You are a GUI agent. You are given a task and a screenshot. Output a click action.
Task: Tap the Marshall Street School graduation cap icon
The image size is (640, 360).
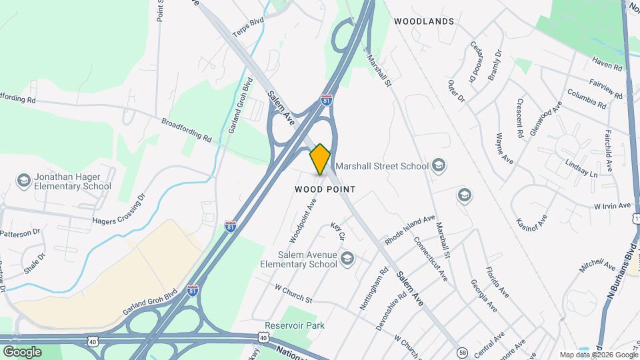[x=438, y=165]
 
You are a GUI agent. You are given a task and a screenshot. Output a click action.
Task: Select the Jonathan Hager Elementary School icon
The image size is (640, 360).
[x=23, y=181]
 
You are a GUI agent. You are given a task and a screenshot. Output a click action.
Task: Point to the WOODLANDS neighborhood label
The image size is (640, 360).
[x=424, y=21]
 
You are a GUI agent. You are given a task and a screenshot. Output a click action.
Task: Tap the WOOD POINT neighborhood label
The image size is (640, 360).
[x=325, y=190]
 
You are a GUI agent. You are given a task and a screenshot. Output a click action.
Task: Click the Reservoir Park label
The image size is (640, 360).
[x=294, y=325]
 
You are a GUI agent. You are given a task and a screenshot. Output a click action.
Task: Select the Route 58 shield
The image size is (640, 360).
[x=462, y=352]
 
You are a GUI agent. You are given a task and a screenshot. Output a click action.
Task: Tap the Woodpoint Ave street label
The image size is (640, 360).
[x=302, y=219]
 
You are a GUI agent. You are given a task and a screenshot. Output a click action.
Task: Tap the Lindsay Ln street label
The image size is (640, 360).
[x=581, y=169]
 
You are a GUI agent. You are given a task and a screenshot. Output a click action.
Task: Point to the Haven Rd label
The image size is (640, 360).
[x=606, y=64]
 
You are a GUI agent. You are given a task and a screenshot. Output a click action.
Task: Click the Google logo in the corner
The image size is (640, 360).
[x=22, y=351]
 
